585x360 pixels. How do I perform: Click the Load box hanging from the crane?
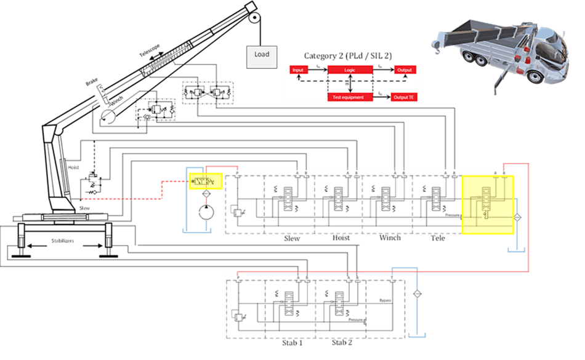[262, 55]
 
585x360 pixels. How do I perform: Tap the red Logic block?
[350, 70]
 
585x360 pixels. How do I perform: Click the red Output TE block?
[404, 97]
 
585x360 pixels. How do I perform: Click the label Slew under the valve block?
[291, 239]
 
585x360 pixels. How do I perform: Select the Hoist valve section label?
[341, 239]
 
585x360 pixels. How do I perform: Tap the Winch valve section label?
[390, 238]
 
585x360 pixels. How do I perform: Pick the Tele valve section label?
[438, 238]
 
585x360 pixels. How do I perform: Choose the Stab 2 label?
[341, 342]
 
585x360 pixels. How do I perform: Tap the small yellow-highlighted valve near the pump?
[204, 181]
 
